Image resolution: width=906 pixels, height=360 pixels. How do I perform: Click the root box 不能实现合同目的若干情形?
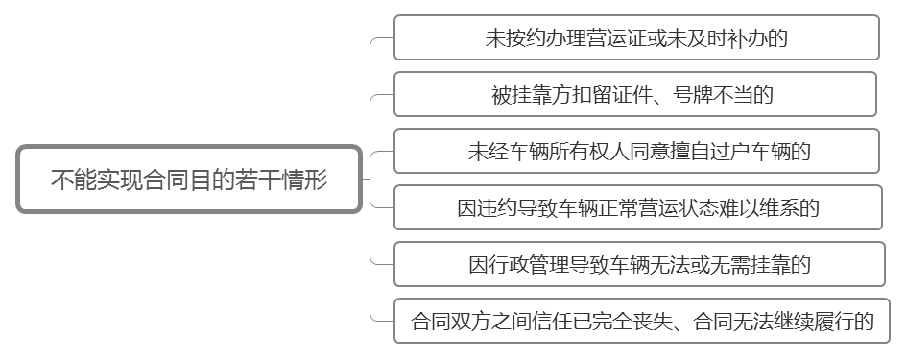(189, 180)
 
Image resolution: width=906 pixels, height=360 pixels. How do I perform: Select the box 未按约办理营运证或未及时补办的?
(636, 37)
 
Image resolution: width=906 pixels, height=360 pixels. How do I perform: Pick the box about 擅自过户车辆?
(636, 151)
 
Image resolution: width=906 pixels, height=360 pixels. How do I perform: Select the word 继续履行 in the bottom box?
(809, 320)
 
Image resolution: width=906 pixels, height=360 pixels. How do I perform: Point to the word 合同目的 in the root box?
(190, 180)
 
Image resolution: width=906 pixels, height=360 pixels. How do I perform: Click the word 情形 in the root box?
(305, 180)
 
